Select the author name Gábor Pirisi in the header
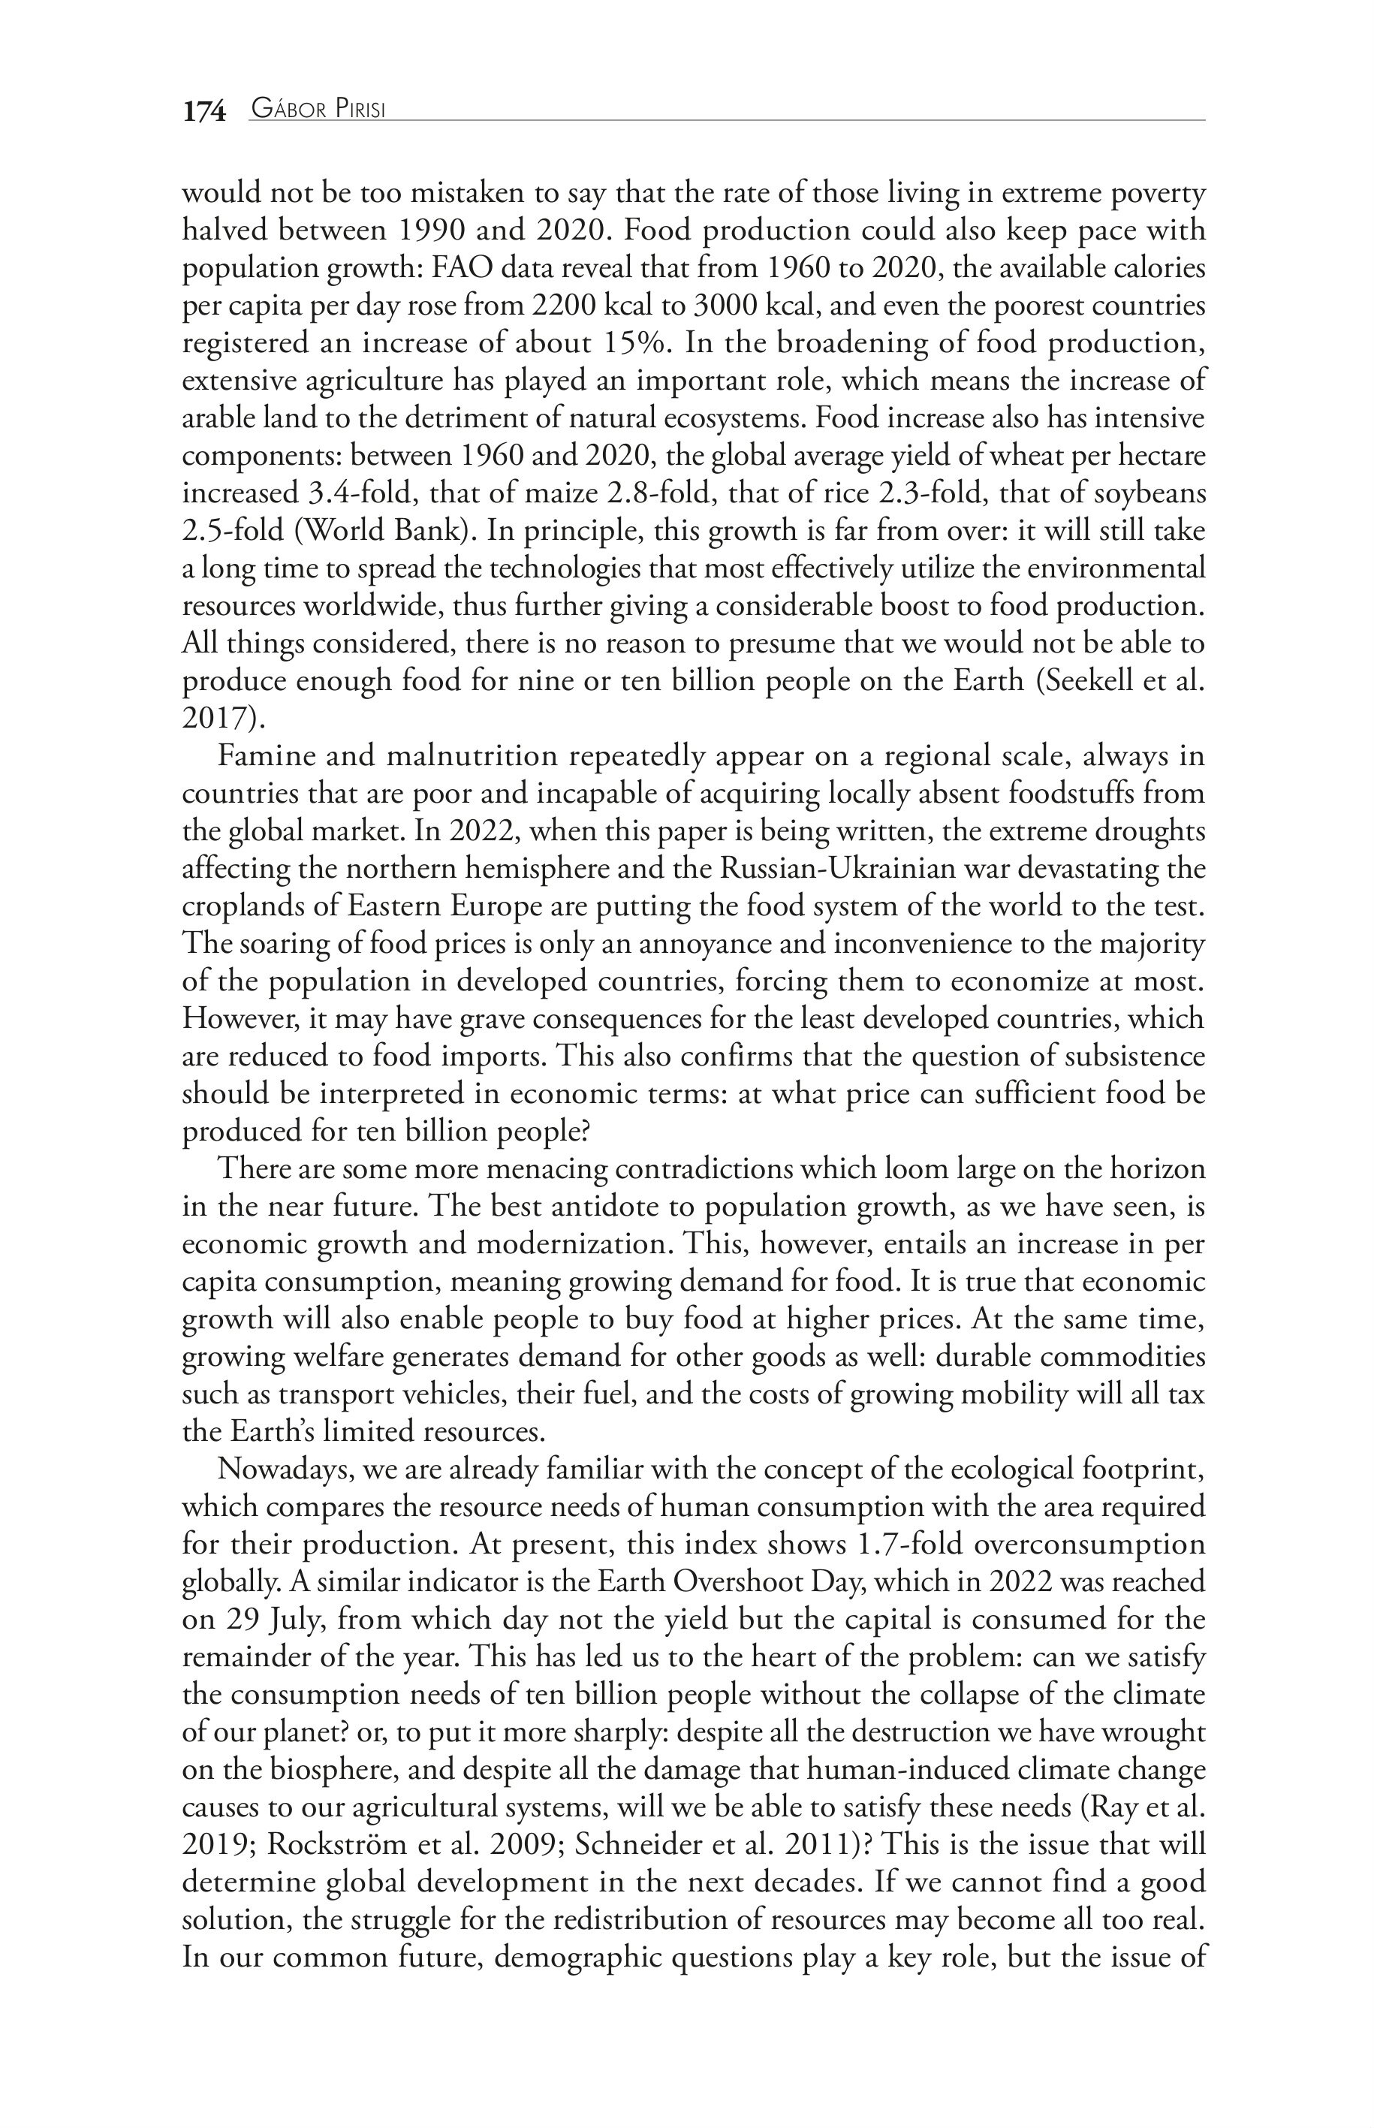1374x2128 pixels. click(318, 110)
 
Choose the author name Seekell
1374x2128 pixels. click(1092, 681)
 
